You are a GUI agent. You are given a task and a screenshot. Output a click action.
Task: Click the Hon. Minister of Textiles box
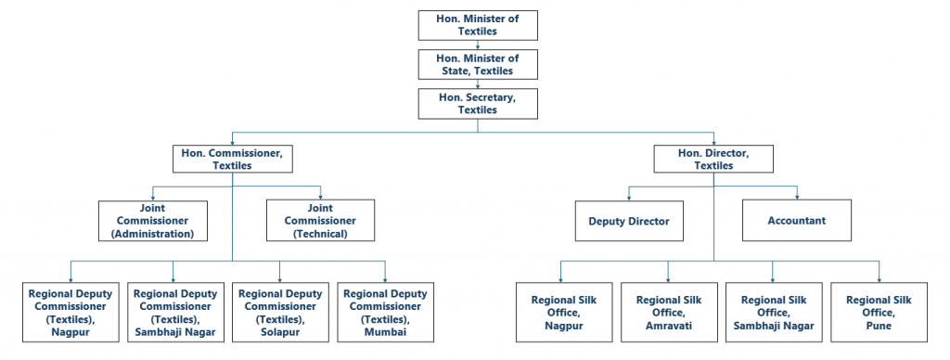point(478,24)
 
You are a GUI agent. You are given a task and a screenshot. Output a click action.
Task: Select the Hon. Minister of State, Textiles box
point(478,64)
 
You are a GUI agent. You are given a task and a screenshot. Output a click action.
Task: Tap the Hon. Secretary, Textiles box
point(478,103)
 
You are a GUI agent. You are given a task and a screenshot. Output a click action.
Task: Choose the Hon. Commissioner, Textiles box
point(233,159)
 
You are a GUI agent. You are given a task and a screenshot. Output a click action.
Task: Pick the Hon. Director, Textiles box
point(712,159)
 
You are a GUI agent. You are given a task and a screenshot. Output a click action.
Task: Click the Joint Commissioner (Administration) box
point(153,221)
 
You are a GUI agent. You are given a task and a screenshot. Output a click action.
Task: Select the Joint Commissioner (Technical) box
point(320,221)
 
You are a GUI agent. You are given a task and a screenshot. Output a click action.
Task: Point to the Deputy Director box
point(629,222)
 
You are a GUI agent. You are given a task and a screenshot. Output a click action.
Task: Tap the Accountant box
point(797,222)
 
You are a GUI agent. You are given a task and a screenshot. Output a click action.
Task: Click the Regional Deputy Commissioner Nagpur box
point(69,312)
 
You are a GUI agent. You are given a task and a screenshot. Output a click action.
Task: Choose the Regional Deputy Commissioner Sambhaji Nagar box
point(173,312)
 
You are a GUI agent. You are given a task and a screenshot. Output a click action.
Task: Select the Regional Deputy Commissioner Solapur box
point(279,312)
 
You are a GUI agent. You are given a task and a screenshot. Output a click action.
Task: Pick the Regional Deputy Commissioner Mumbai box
point(384,312)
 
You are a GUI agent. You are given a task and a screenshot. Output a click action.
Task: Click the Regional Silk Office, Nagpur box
point(562,312)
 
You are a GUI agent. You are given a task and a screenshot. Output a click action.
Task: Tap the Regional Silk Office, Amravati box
point(667,312)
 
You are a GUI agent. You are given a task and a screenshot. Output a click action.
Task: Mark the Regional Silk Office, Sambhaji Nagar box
point(773,312)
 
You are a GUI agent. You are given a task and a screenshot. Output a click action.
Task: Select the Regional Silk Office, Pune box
point(879,312)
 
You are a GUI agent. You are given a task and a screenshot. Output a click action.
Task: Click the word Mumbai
point(384,331)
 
